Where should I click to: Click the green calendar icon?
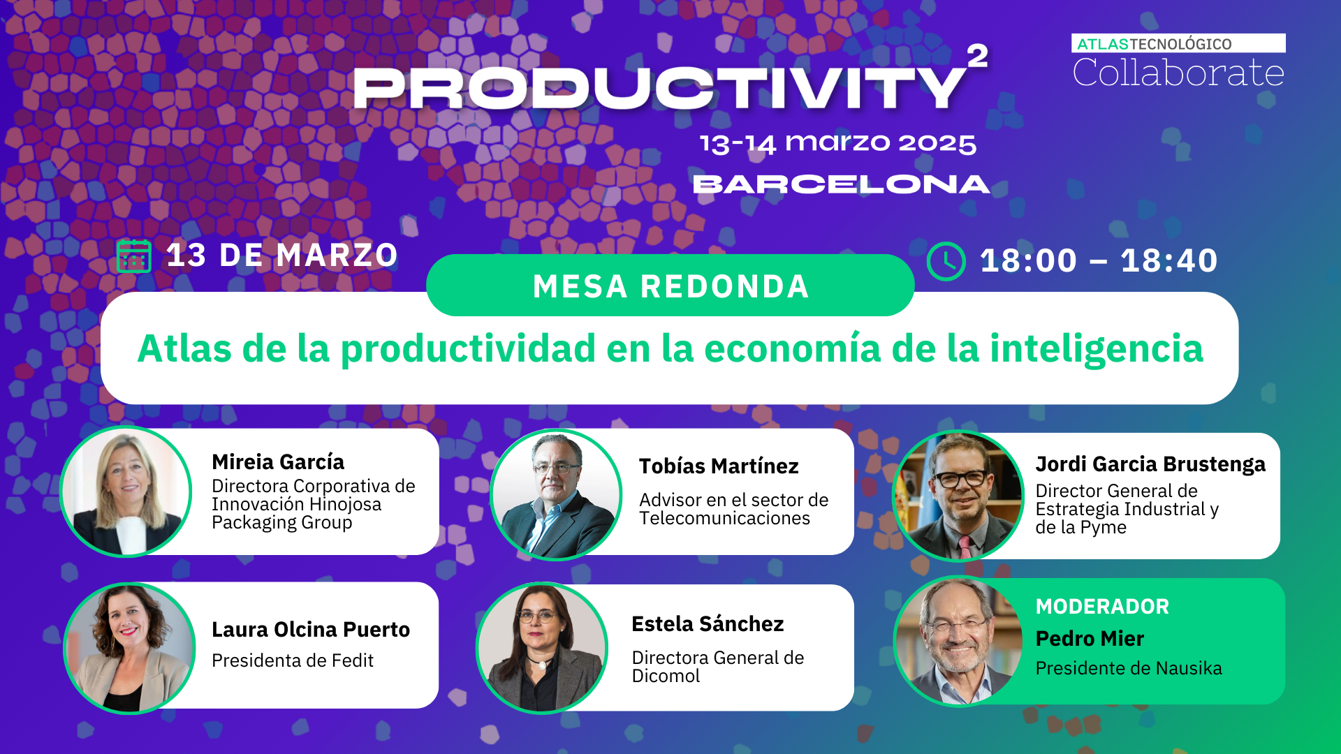tap(134, 256)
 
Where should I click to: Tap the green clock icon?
tap(946, 261)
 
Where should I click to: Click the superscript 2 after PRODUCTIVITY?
tap(977, 56)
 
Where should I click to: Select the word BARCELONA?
tap(841, 184)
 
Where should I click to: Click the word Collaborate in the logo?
tap(1178, 73)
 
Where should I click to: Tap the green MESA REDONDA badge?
tap(670, 286)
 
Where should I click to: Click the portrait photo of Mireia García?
tap(126, 491)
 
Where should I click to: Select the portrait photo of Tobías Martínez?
tap(556, 494)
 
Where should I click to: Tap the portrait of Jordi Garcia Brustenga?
tap(958, 496)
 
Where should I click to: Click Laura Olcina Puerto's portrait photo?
tap(130, 648)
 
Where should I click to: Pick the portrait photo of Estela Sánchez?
tap(543, 648)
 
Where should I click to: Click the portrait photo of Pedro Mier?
tap(959, 641)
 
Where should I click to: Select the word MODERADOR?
tap(1102, 607)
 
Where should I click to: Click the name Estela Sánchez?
tap(708, 624)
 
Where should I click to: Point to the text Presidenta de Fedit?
tap(293, 660)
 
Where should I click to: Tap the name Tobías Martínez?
tap(719, 466)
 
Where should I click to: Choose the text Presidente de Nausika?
tap(1129, 669)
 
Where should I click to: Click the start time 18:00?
tap(1028, 261)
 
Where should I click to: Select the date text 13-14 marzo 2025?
tap(837, 143)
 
